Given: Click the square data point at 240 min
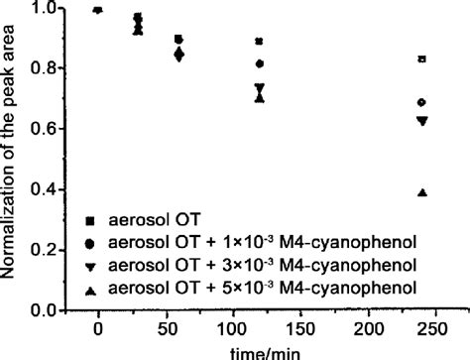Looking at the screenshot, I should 422,60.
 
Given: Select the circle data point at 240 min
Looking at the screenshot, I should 422,102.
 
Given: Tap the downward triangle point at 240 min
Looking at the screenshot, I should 422,121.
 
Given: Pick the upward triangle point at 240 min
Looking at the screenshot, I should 422,192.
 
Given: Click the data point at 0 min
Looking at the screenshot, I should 97,10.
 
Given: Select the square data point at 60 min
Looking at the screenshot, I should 177,39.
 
